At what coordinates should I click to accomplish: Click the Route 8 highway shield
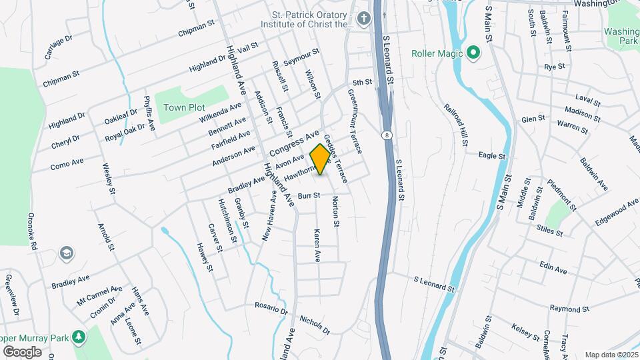(387, 135)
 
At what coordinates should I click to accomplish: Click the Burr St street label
(309, 196)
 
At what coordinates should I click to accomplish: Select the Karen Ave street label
(317, 245)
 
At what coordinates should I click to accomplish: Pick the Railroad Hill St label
(456, 125)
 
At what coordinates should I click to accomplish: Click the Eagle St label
(493, 155)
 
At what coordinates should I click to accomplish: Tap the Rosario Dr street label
(271, 308)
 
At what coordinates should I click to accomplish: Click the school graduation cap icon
(66, 253)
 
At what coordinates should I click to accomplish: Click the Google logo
(22, 352)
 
